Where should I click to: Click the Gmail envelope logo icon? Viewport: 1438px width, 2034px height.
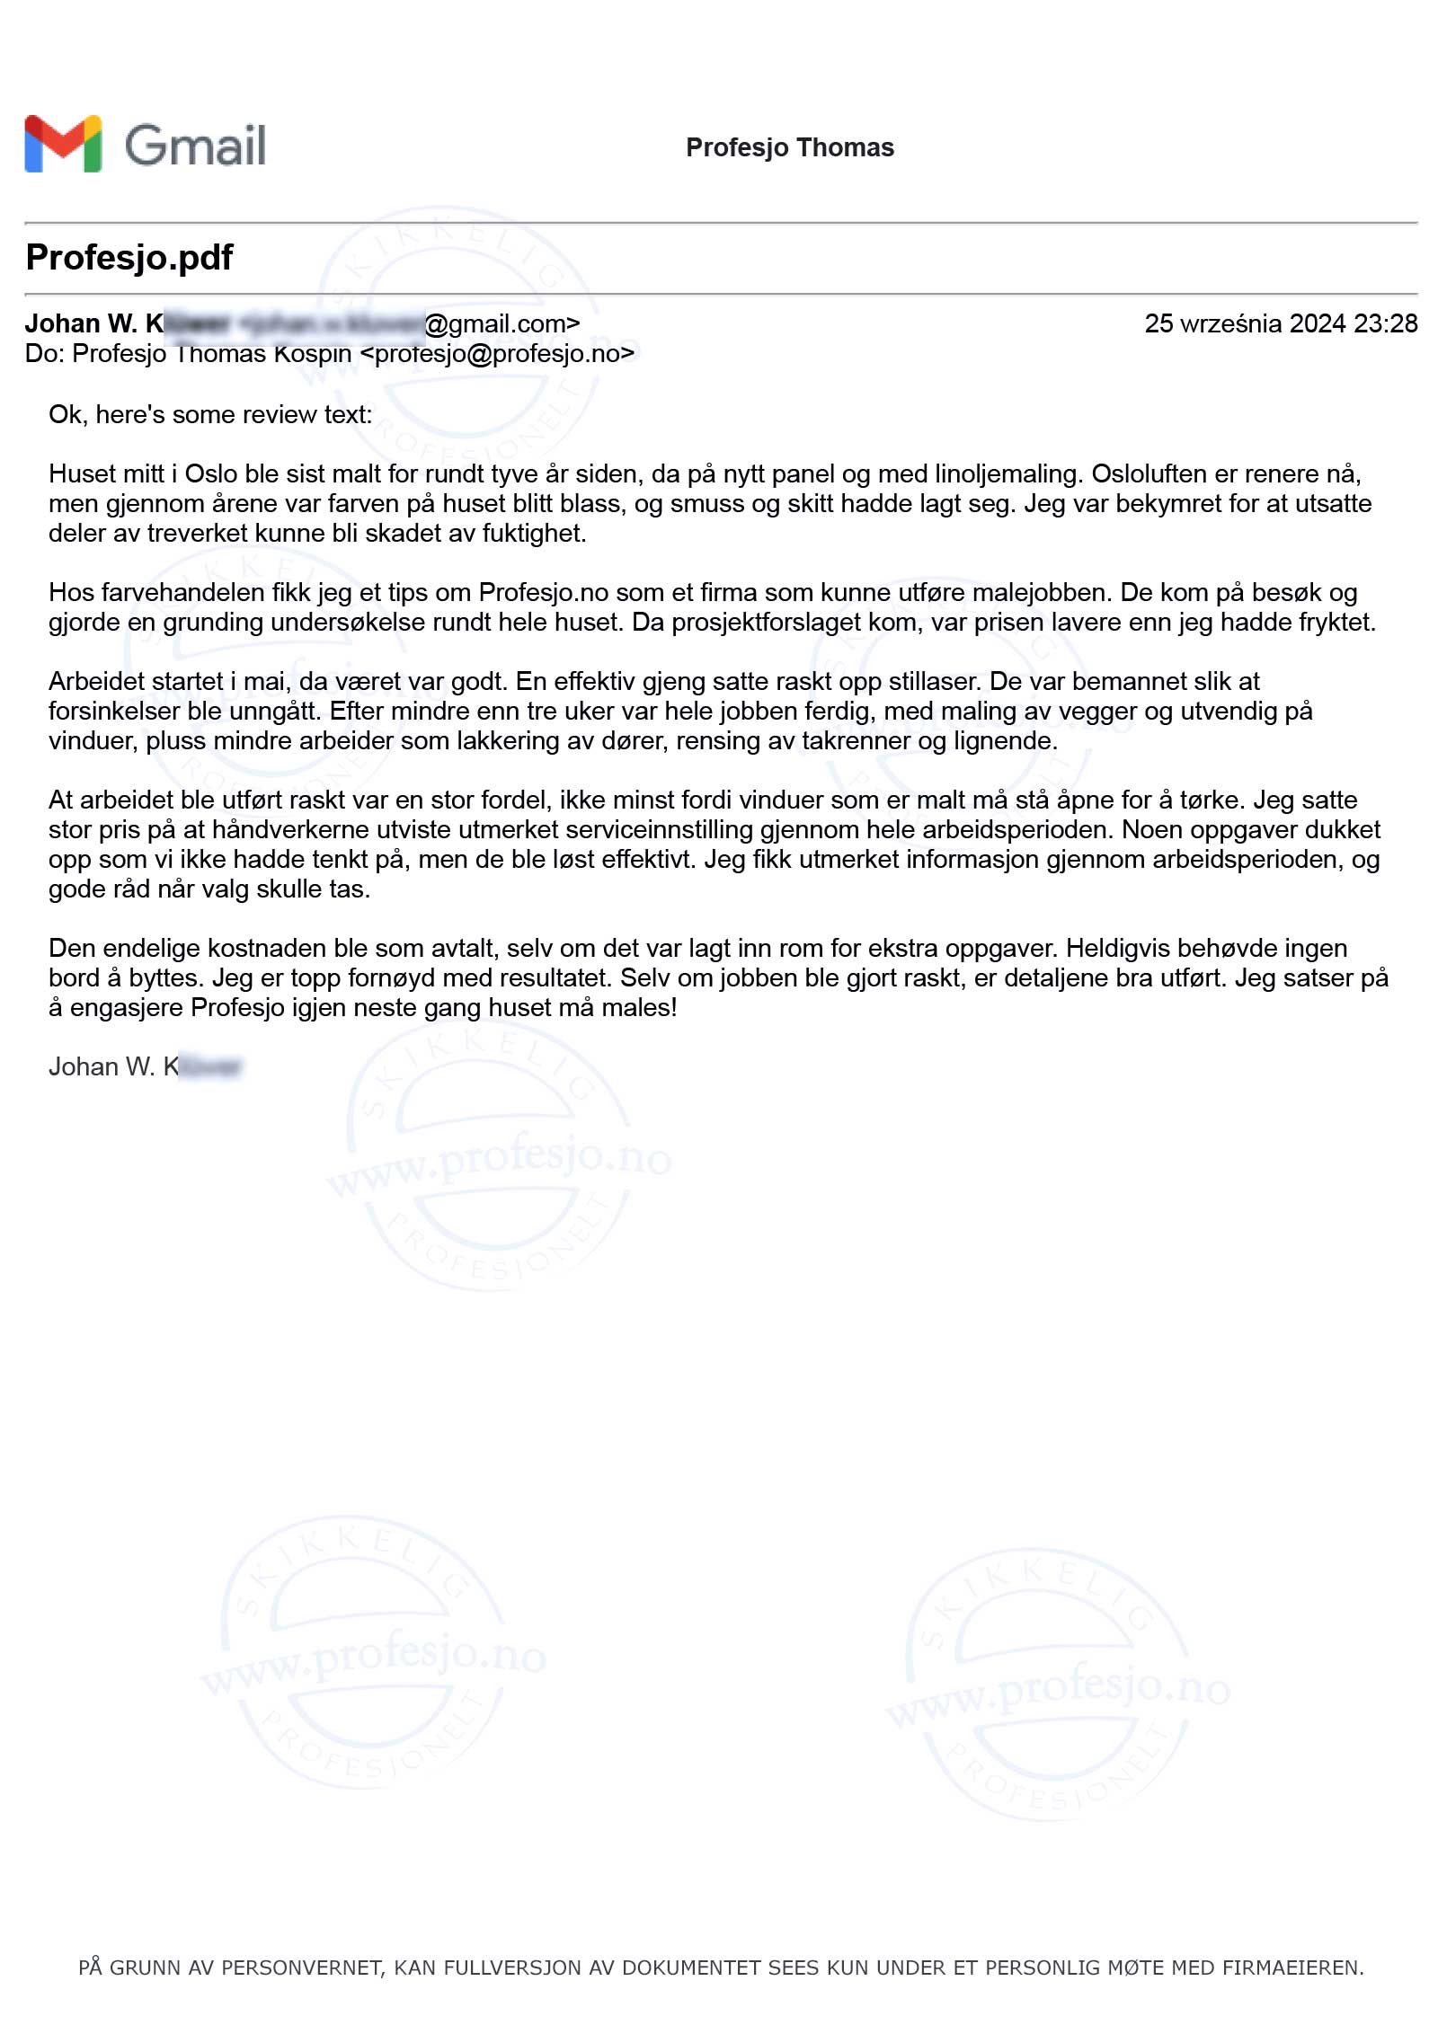coord(63,144)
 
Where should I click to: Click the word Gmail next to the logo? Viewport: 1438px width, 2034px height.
coord(195,146)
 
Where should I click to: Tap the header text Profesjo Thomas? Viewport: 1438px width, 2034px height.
coord(789,147)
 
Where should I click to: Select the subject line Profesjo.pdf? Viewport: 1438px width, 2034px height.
coord(129,257)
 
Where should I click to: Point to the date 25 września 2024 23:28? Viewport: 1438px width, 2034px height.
coord(1280,323)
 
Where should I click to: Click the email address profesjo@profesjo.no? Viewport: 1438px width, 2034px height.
coord(497,354)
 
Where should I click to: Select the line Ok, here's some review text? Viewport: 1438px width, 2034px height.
coord(210,414)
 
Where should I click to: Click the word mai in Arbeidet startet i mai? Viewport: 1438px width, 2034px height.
coord(270,681)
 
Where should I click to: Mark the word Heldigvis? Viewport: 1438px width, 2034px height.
coord(1117,948)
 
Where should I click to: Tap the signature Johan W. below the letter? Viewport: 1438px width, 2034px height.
coord(102,1066)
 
